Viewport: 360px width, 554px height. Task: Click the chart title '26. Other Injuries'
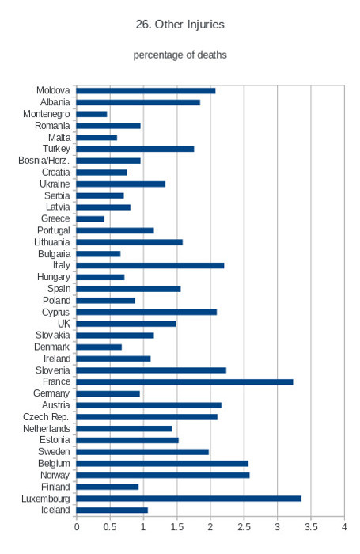[x=180, y=25]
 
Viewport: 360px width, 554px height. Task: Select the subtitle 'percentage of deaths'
[x=180, y=55]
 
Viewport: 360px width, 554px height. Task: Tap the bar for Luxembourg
[x=188, y=499]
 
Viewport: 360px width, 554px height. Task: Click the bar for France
[x=184, y=382]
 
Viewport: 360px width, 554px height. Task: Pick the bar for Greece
[x=90, y=219]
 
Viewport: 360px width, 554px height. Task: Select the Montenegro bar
[x=92, y=114]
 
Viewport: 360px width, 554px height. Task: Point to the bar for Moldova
[x=146, y=91]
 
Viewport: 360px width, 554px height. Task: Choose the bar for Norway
[x=163, y=475]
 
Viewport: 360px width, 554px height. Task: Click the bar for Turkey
[x=135, y=149]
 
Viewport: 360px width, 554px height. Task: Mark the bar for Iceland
[x=112, y=510]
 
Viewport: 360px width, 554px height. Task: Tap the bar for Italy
[x=150, y=265]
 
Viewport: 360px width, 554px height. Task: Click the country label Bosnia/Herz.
[x=44, y=161]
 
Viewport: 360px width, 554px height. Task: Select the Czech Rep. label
[x=46, y=417]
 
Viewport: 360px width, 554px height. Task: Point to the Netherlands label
[x=47, y=429]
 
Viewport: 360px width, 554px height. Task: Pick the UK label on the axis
[x=64, y=324]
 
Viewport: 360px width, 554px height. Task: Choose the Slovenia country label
[x=53, y=370]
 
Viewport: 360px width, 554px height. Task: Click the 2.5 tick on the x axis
[x=244, y=527]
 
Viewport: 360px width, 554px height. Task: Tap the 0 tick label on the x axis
[x=77, y=527]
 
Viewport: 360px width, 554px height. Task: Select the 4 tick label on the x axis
[x=344, y=527]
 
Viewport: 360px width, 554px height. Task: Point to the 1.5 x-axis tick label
[x=177, y=527]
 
